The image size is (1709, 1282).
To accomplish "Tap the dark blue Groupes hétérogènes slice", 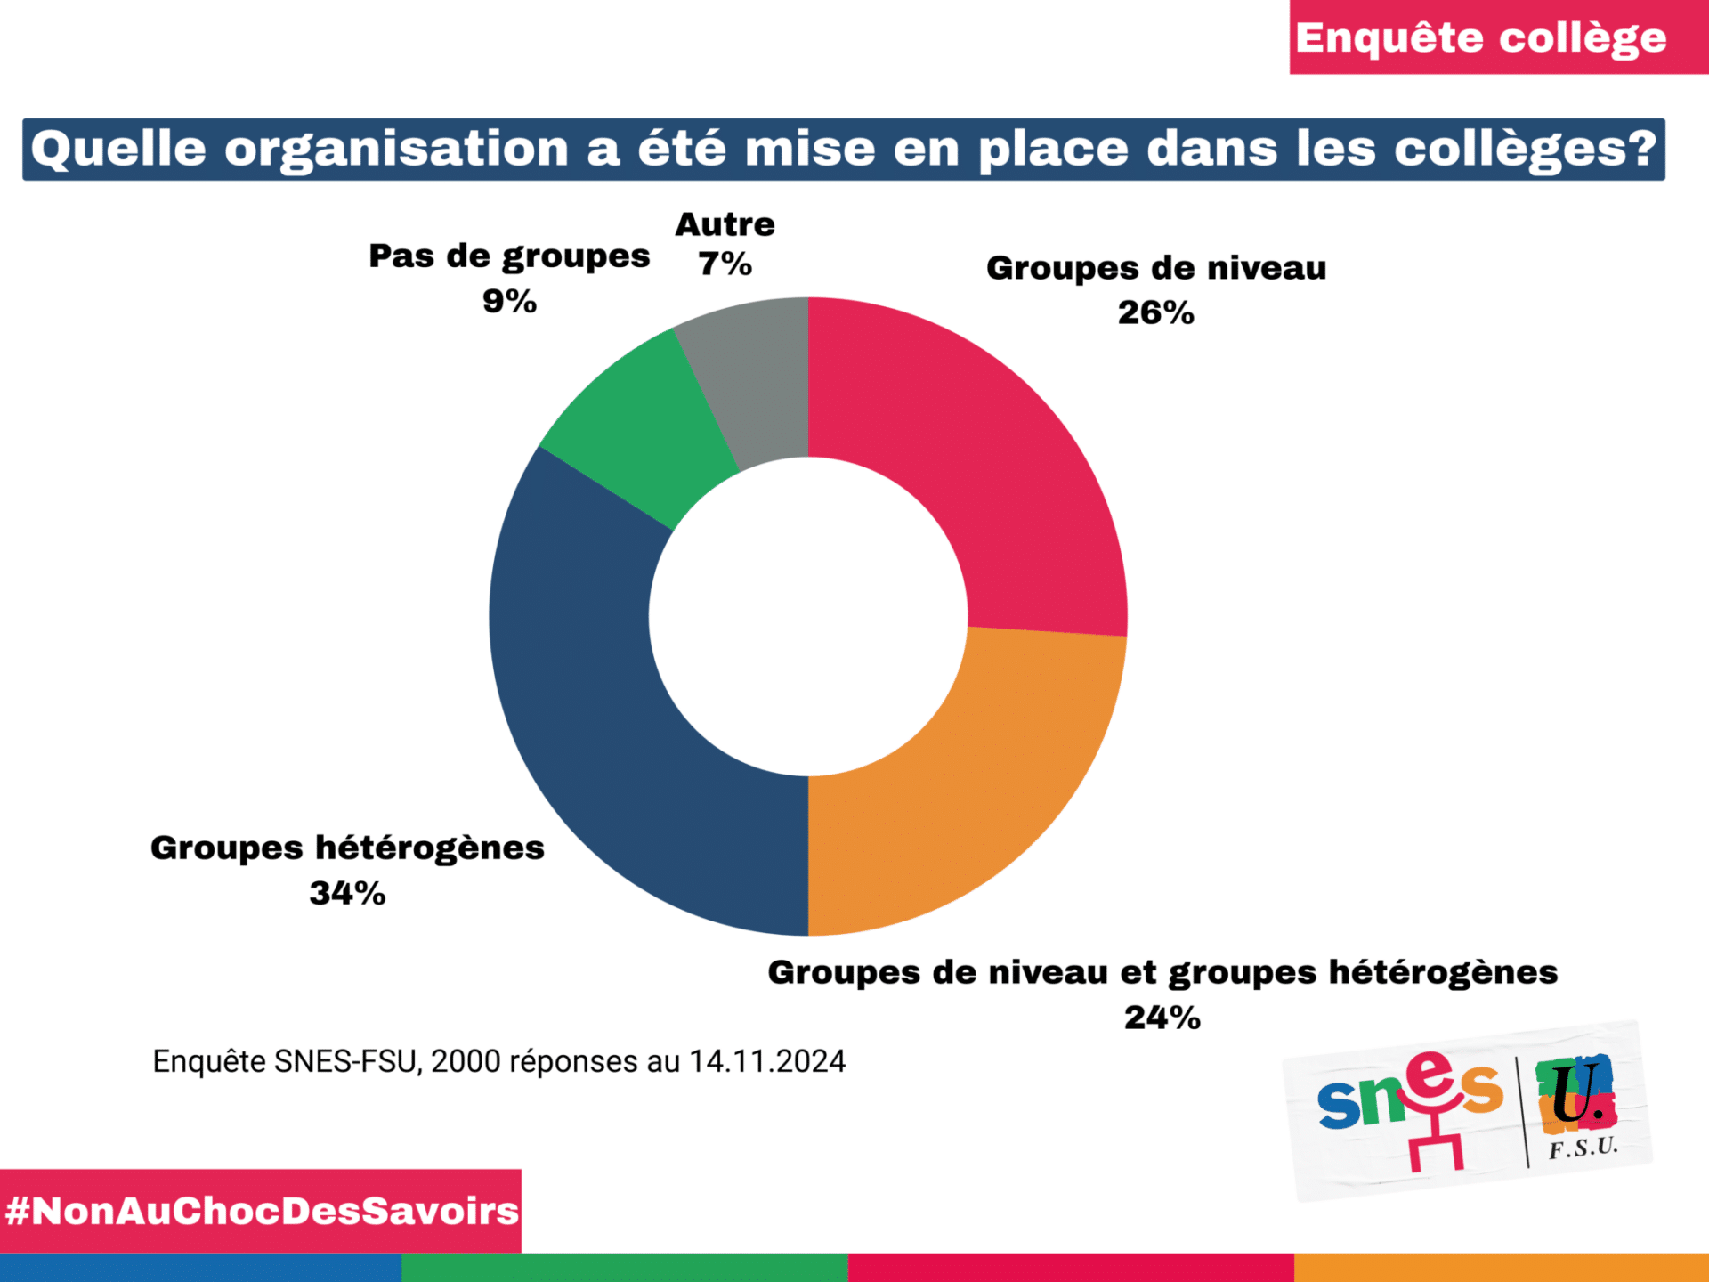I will click(605, 712).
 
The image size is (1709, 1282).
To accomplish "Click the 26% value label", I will click(1155, 313).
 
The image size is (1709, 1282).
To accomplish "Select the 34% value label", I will click(347, 893).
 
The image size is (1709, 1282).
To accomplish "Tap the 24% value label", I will click(1162, 1018).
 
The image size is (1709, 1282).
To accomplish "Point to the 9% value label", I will click(509, 302).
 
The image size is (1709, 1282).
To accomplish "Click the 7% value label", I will click(725, 264).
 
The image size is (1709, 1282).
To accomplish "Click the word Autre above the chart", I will click(725, 224).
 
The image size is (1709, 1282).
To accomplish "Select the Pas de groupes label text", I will click(509, 257).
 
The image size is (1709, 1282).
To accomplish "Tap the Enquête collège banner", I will click(1481, 37).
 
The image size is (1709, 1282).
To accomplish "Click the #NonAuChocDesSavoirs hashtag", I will click(261, 1211).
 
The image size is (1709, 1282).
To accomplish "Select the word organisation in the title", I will click(396, 149).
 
